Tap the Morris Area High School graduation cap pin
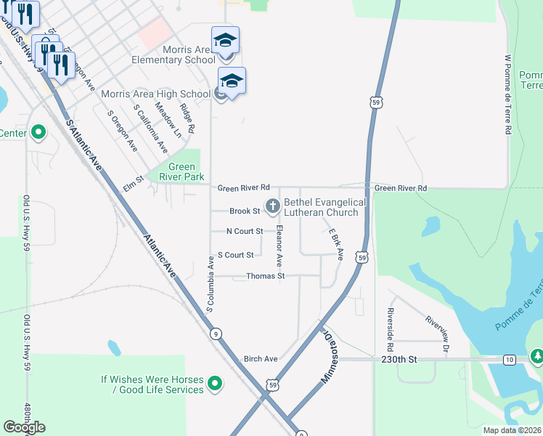pyautogui.click(x=232, y=81)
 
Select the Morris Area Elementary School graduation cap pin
pyautogui.click(x=225, y=40)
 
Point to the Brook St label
pyautogui.click(x=245, y=211)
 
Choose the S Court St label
pyautogui.click(x=236, y=255)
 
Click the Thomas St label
pyautogui.click(x=265, y=276)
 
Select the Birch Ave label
pyautogui.click(x=261, y=359)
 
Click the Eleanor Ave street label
pyautogui.click(x=278, y=245)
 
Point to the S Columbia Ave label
pyautogui.click(x=211, y=284)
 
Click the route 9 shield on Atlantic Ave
pyautogui.click(x=216, y=334)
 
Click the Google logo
pyautogui.click(x=24, y=427)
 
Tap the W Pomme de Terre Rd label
pyautogui.click(x=508, y=94)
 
